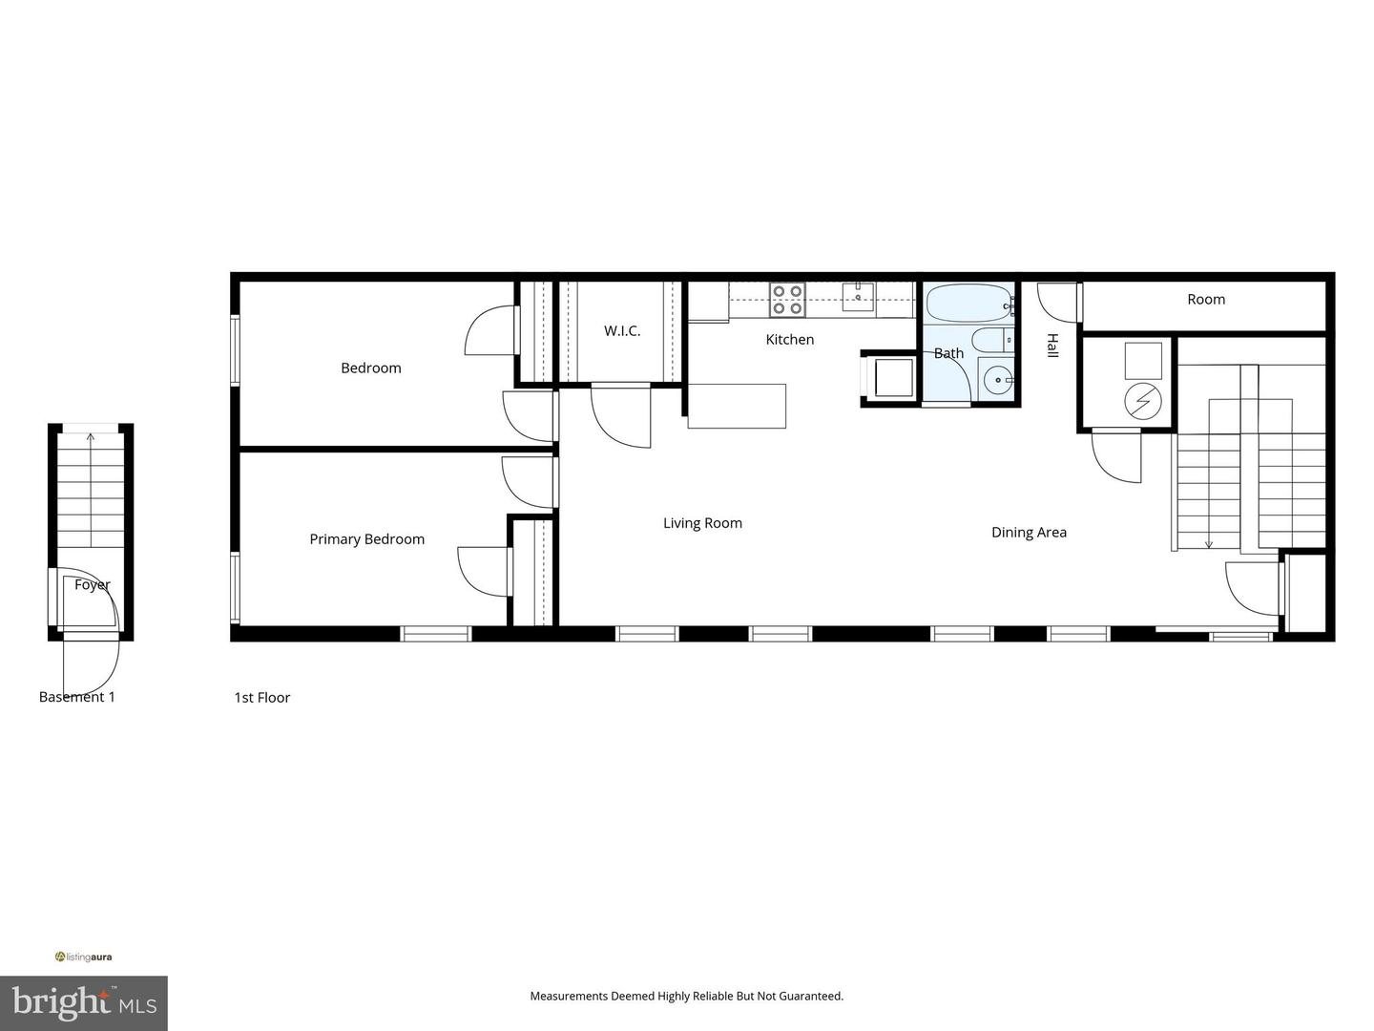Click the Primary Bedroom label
point(366,539)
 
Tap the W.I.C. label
point(622,331)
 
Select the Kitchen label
point(789,340)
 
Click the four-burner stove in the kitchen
point(787,300)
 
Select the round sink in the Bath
point(998,381)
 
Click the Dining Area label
point(1029,533)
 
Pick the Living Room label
point(702,523)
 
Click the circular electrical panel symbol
point(1142,402)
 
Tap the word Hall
point(1052,346)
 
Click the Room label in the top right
point(1206,300)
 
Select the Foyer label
point(92,585)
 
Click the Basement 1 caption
point(76,697)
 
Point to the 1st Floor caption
point(261,698)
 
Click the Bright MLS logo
point(83,1002)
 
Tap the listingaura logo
point(84,957)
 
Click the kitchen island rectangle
point(737,406)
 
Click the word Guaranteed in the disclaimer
point(810,997)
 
